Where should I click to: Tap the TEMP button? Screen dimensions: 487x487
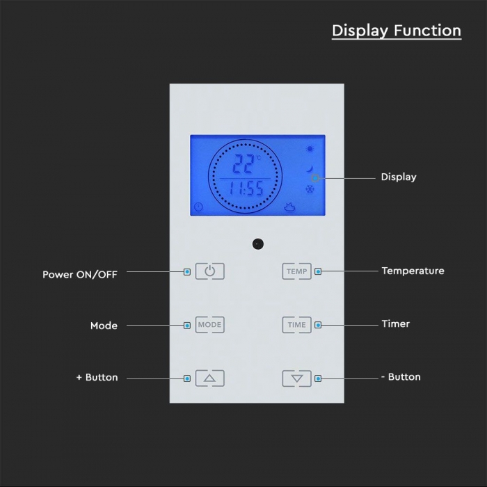point(296,271)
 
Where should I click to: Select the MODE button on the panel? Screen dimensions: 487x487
point(209,325)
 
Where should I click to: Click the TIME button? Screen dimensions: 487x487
point(296,325)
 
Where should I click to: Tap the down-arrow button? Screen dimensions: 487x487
point(296,378)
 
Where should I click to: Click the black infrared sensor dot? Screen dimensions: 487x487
point(258,244)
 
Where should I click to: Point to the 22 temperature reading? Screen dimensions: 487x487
point(243,163)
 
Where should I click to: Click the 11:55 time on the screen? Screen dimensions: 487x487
point(246,189)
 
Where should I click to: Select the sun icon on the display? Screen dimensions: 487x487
point(310,149)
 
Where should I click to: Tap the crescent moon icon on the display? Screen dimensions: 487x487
point(310,168)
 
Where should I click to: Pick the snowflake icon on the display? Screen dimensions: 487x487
point(310,189)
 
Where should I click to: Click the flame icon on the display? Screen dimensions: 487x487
point(289,207)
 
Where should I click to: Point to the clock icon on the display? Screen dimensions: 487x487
point(198,207)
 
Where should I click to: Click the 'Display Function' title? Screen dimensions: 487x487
point(397,31)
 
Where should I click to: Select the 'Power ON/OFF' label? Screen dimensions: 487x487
point(80,275)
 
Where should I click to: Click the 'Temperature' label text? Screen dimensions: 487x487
point(413,271)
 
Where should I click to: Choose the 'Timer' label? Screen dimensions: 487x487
point(396,324)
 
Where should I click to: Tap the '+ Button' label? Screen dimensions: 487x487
point(97,377)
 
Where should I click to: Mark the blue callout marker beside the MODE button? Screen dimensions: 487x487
point(187,326)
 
